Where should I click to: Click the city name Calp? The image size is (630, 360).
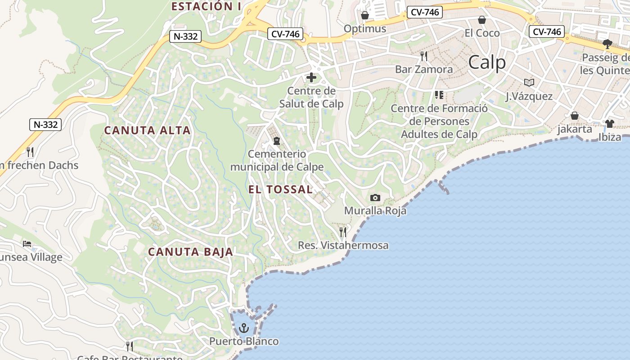pos(487,63)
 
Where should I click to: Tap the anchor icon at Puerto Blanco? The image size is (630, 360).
pos(244,328)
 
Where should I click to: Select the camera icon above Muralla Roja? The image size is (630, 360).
pos(375,198)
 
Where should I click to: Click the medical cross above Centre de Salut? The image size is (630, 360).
pos(311,77)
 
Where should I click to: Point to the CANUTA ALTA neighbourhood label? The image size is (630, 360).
pos(148,130)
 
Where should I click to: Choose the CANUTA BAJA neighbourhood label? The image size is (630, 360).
pos(191,252)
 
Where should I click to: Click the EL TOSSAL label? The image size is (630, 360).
pos(280,189)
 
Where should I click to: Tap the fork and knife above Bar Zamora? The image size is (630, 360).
pos(423,56)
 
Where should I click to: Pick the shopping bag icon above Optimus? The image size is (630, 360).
pos(365,16)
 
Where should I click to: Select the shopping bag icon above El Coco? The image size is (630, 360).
pos(482,20)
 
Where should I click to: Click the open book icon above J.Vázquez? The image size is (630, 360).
pos(529,83)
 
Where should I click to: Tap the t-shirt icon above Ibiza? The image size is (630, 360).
pos(610,124)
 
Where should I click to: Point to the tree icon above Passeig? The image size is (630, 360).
pos(607,44)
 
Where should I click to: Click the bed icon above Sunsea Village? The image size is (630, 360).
pos(27,244)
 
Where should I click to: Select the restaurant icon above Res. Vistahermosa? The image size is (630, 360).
pos(343,232)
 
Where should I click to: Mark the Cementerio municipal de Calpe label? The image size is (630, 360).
pos(277,161)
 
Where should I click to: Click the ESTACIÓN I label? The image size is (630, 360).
pos(206,6)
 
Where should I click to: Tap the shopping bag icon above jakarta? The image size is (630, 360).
pos(575,116)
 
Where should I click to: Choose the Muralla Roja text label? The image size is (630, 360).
pos(375,211)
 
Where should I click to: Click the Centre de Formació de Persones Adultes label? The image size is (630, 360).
pos(439,121)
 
